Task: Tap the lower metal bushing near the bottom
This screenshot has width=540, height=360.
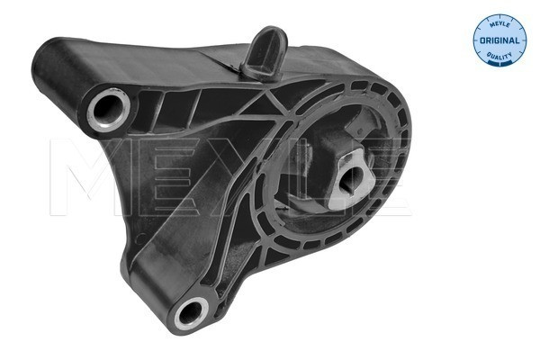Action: tap(190, 313)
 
